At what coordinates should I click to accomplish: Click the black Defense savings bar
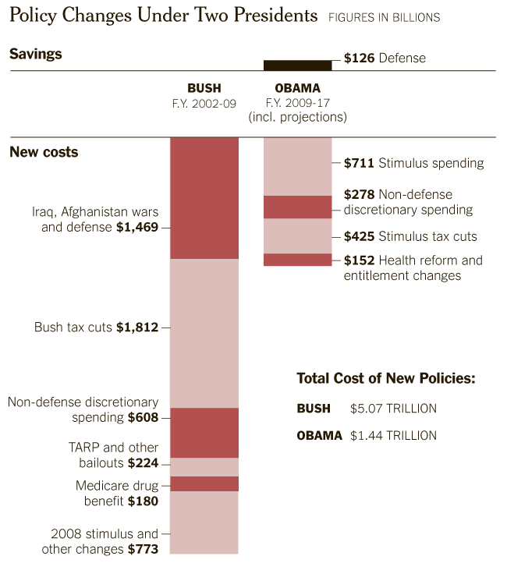pos(297,65)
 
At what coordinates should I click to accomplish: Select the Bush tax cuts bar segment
pos(204,333)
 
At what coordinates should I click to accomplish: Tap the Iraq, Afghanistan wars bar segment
pos(204,198)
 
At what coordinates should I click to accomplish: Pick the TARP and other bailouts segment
pos(204,466)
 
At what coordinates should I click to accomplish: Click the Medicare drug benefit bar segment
pos(204,483)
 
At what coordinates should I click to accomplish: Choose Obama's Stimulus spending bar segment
pos(297,166)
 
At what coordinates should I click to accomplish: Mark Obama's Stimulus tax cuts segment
pos(297,235)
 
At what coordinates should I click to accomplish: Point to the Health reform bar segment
pos(297,260)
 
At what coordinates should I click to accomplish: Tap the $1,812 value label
pos(137,328)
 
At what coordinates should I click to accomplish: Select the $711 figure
pos(359,163)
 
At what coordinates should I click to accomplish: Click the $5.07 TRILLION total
pos(394,408)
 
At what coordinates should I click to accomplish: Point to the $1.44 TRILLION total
pos(394,435)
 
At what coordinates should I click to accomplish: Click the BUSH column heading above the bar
pos(204,88)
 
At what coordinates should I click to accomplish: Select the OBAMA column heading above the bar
pos(297,88)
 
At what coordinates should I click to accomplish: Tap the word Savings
pos(36,55)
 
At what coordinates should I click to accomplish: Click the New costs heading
pos(44,152)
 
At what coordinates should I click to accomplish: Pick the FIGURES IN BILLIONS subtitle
pos(384,17)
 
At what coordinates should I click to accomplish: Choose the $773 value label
pos(144,549)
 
